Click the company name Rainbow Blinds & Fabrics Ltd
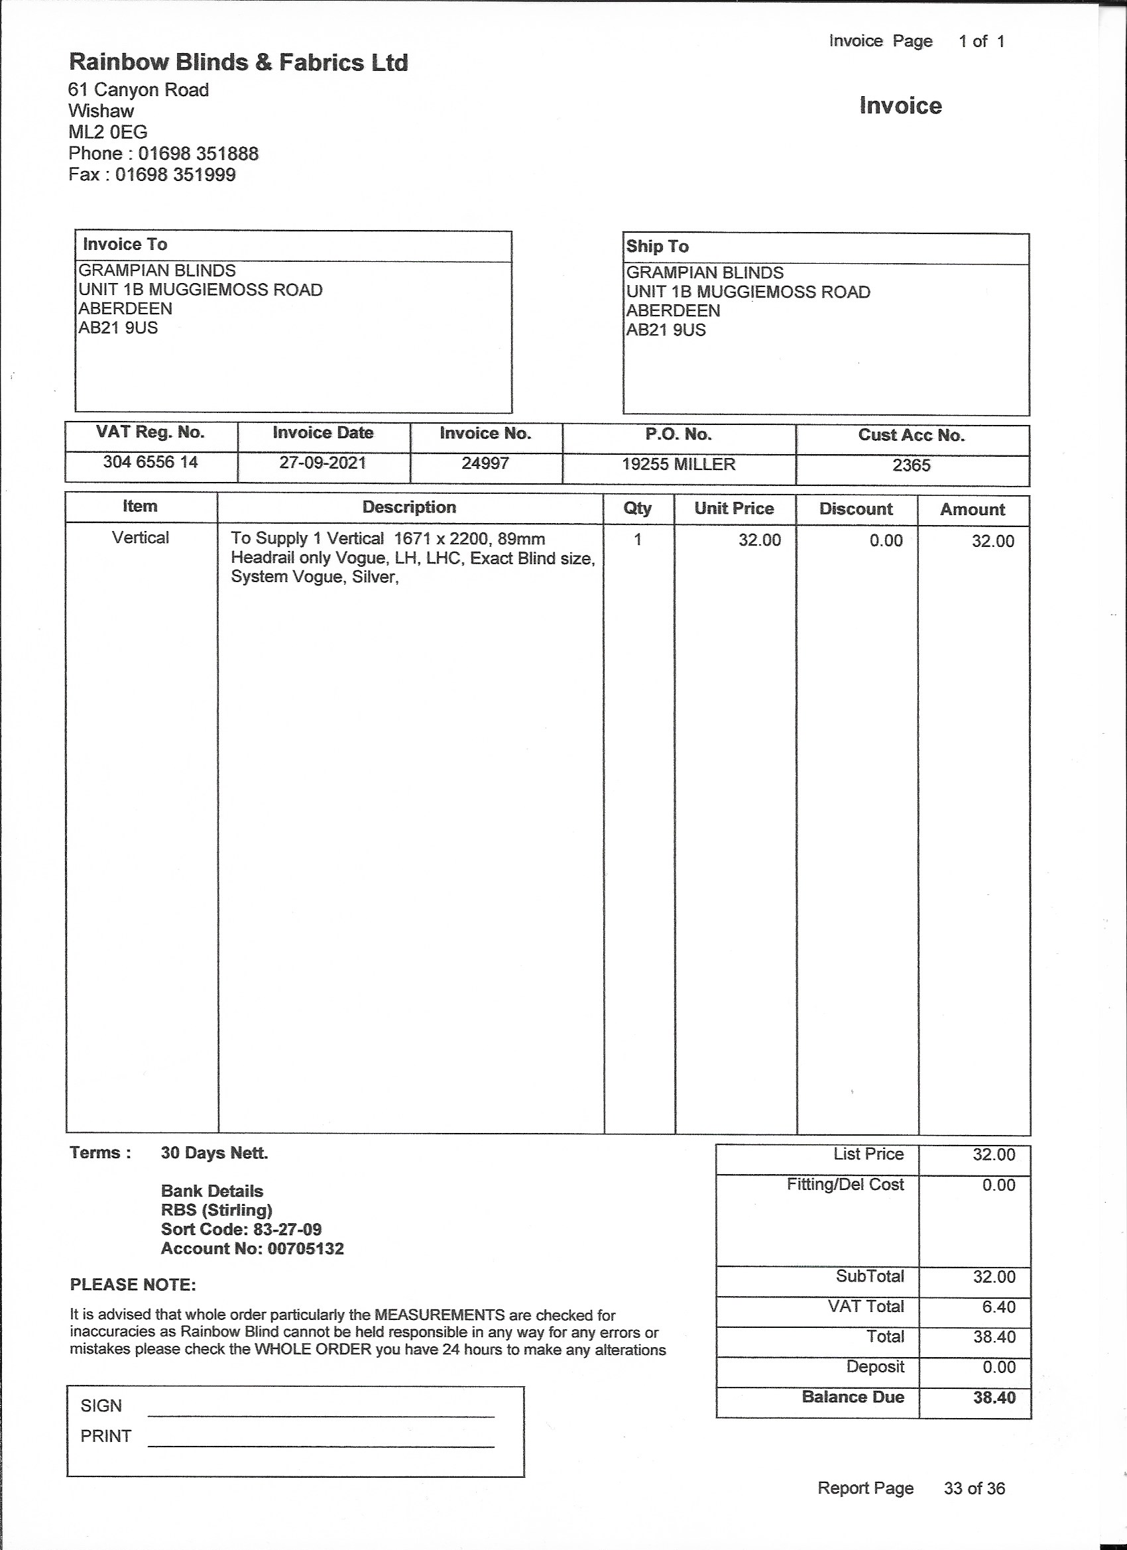[239, 63]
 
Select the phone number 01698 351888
[198, 153]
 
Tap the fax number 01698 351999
[175, 174]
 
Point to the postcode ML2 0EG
[108, 132]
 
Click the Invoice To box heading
[125, 245]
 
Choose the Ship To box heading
[658, 247]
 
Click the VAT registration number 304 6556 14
[150, 462]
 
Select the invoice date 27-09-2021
[323, 463]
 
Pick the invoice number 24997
[485, 463]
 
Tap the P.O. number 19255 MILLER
[679, 465]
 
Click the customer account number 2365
[911, 465]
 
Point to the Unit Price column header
[734, 508]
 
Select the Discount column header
[856, 509]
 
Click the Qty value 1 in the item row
[638, 540]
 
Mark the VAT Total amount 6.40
[998, 1307]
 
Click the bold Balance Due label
[853, 1397]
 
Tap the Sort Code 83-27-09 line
[241, 1230]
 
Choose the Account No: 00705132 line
[252, 1248]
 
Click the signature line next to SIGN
[321, 1415]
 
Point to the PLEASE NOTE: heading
[133, 1285]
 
